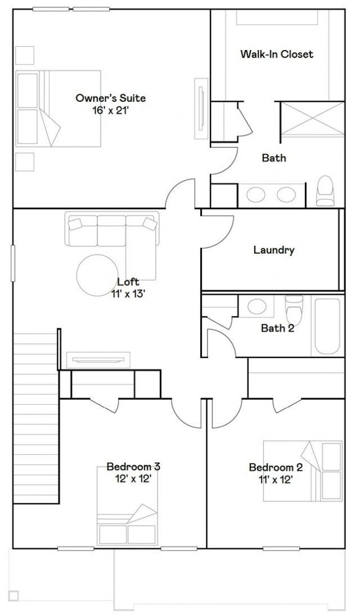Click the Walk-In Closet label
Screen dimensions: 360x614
point(277,54)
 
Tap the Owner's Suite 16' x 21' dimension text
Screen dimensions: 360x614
point(110,111)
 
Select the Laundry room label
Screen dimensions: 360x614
point(273,250)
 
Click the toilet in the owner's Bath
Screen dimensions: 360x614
point(325,191)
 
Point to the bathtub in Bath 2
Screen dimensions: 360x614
point(327,327)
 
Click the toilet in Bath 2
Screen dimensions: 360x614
point(294,308)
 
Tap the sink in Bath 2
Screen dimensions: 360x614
point(256,306)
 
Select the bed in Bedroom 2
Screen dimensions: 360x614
point(303,471)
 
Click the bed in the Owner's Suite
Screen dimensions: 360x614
point(58,109)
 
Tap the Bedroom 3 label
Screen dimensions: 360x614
point(133,467)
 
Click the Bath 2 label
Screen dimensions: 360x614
point(277,328)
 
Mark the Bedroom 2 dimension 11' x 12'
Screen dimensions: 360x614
point(276,479)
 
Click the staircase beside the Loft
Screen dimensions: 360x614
point(36,418)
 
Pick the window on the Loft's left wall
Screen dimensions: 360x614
point(12,263)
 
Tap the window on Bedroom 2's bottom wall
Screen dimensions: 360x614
point(281,549)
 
